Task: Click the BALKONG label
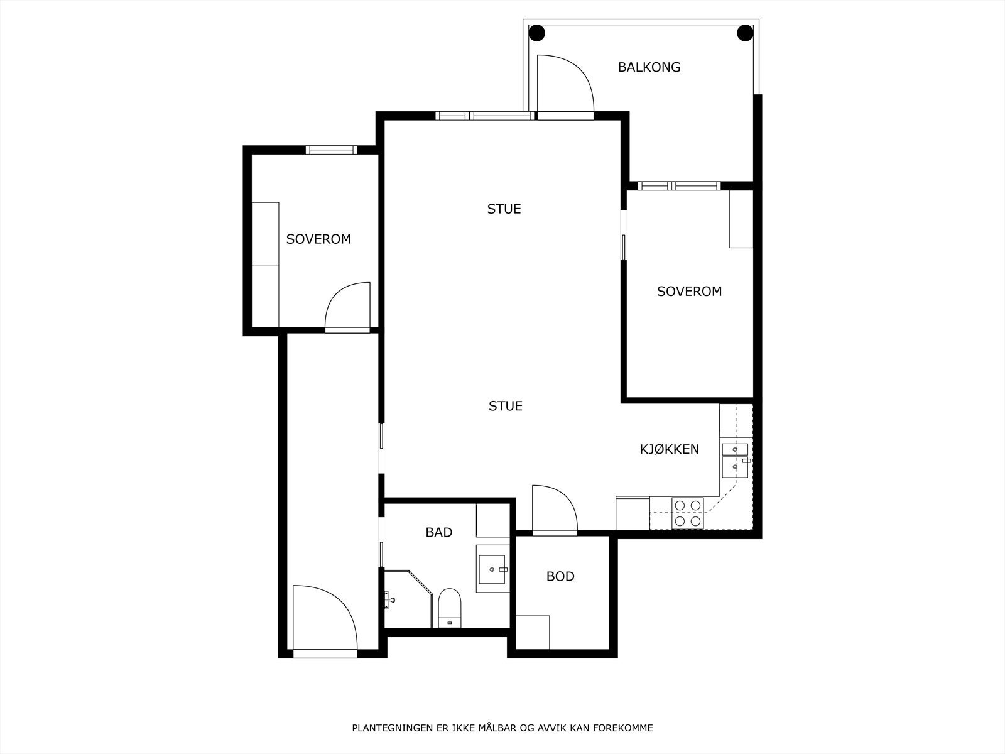(649, 67)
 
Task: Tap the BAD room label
(438, 532)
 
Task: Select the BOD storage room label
(560, 576)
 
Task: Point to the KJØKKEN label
(669, 449)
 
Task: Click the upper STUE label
(504, 209)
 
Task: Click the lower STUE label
(505, 406)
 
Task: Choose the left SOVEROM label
(318, 239)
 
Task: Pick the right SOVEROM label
(689, 291)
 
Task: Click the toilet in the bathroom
(449, 608)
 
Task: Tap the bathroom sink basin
(492, 569)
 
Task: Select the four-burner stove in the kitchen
(688, 513)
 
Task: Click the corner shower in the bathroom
(408, 599)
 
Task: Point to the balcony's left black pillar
(536, 33)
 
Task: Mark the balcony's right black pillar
(745, 33)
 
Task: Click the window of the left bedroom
(331, 150)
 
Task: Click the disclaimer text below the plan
(503, 728)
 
